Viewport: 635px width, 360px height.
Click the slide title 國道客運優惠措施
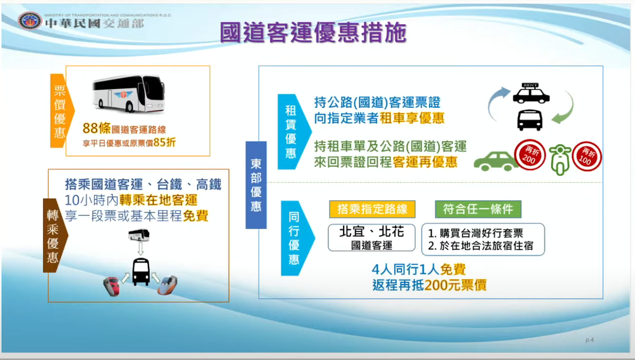click(312, 32)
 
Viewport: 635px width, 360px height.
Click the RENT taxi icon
click(530, 94)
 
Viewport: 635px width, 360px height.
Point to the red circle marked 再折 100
click(586, 156)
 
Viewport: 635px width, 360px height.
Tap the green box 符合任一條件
click(478, 209)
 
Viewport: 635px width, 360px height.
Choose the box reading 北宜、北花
click(372, 236)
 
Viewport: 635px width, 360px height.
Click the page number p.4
click(589, 340)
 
